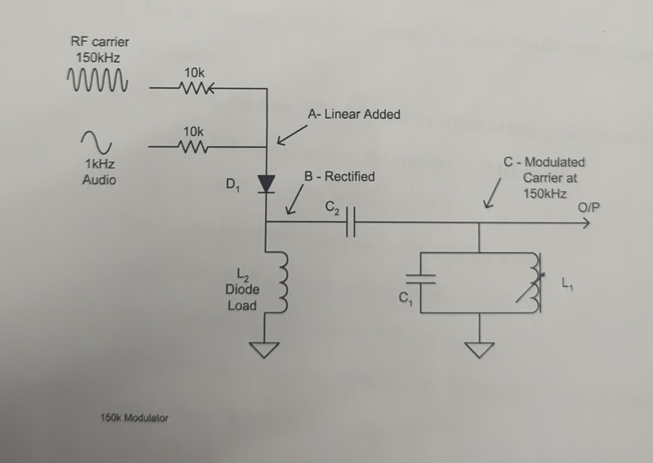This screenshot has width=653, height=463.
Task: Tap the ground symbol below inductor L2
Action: [x=266, y=349]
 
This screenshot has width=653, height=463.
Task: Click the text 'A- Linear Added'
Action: [x=354, y=114]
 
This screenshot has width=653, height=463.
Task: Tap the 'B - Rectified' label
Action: [x=339, y=177]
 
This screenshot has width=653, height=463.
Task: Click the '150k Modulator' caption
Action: [x=134, y=417]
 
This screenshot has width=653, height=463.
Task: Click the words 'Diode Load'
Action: [x=242, y=298]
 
